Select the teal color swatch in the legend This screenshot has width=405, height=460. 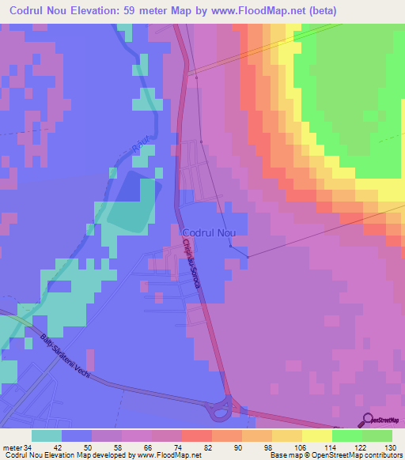point(47,436)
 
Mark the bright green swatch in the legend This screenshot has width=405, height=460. point(377,436)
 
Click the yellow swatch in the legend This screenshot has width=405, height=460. point(317,436)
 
